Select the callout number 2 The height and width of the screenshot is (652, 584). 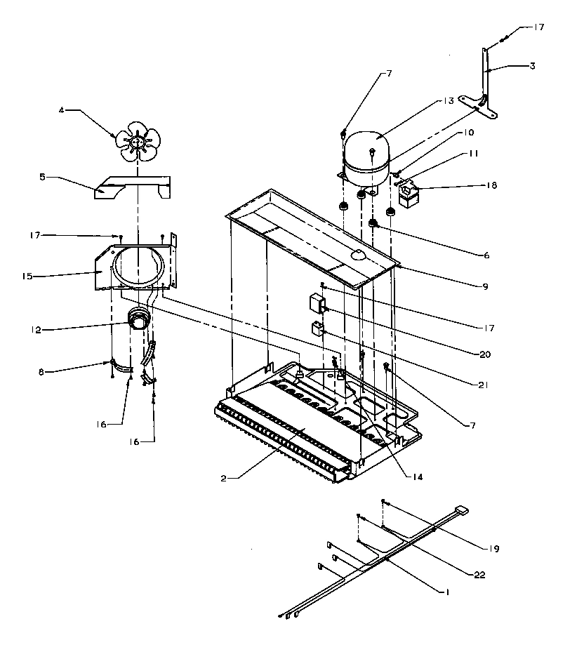(x=223, y=477)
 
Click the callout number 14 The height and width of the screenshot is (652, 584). (x=418, y=477)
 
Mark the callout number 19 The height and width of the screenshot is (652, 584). (x=496, y=547)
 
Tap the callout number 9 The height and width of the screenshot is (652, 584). (x=484, y=286)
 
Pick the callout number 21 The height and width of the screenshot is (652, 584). (x=484, y=385)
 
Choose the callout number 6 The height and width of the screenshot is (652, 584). (x=484, y=255)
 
